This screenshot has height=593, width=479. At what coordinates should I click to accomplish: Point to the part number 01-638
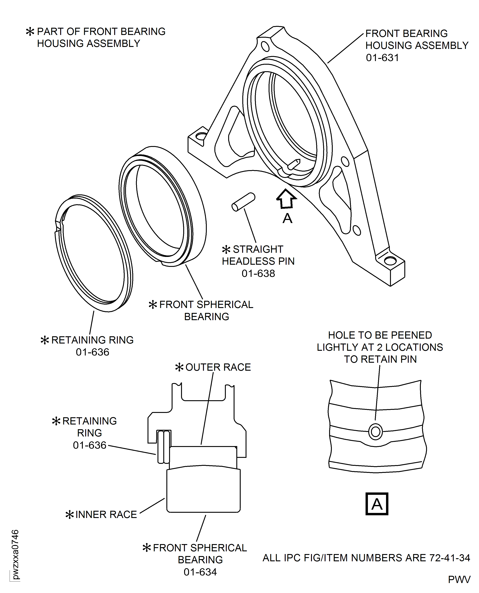(x=258, y=273)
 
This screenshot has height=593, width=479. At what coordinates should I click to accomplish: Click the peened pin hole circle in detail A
(x=375, y=432)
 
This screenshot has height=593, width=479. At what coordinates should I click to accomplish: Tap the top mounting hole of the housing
(x=265, y=46)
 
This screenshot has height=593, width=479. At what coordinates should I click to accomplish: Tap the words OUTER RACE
(x=218, y=367)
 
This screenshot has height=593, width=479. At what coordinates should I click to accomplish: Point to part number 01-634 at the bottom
(x=200, y=572)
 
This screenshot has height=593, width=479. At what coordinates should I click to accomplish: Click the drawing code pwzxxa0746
(x=15, y=554)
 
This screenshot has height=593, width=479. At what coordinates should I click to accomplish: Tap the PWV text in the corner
(x=459, y=579)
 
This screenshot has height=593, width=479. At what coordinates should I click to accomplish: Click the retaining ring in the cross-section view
(x=164, y=447)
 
